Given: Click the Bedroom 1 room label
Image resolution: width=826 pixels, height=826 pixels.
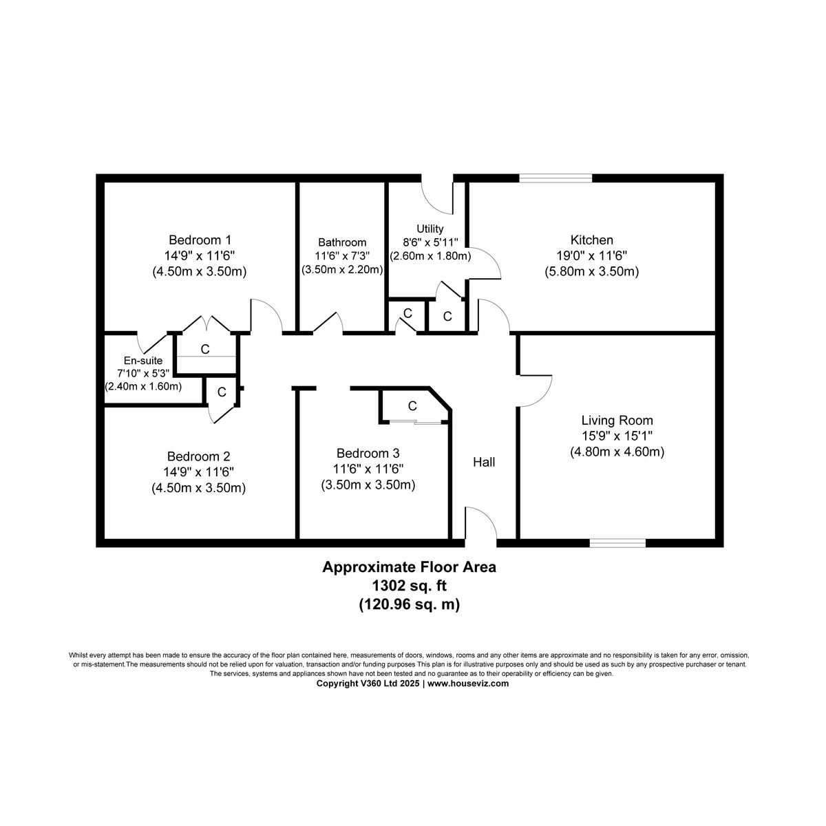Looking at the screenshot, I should (200, 240).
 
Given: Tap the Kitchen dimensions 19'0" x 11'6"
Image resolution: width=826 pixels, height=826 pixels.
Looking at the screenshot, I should (591, 256).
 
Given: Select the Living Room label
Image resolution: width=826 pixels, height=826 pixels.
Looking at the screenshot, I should (617, 421).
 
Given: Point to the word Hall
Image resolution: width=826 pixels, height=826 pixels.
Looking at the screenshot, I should (484, 463).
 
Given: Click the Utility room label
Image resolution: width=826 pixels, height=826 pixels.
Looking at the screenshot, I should (430, 229).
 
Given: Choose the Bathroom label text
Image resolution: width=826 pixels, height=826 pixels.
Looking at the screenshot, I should (342, 242).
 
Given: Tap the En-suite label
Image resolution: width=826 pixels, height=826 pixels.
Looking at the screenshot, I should (143, 360).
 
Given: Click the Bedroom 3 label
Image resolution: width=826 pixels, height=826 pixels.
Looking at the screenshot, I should (368, 454).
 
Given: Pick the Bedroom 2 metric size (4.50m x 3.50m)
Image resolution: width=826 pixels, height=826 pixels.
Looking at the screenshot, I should (199, 488).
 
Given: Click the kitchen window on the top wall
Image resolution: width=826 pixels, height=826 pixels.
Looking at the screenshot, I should (555, 178).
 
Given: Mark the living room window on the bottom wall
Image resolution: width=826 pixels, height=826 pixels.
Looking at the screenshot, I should (617, 543).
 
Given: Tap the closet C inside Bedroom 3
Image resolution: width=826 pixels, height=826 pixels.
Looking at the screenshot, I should (412, 406).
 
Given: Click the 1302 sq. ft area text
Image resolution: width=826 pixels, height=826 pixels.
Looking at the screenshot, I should (409, 586).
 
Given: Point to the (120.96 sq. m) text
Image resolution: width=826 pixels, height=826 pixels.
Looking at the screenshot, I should (409, 605).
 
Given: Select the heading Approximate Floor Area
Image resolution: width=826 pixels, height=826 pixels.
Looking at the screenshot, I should (409, 568).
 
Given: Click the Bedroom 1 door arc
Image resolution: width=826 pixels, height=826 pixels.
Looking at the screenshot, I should (266, 316).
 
